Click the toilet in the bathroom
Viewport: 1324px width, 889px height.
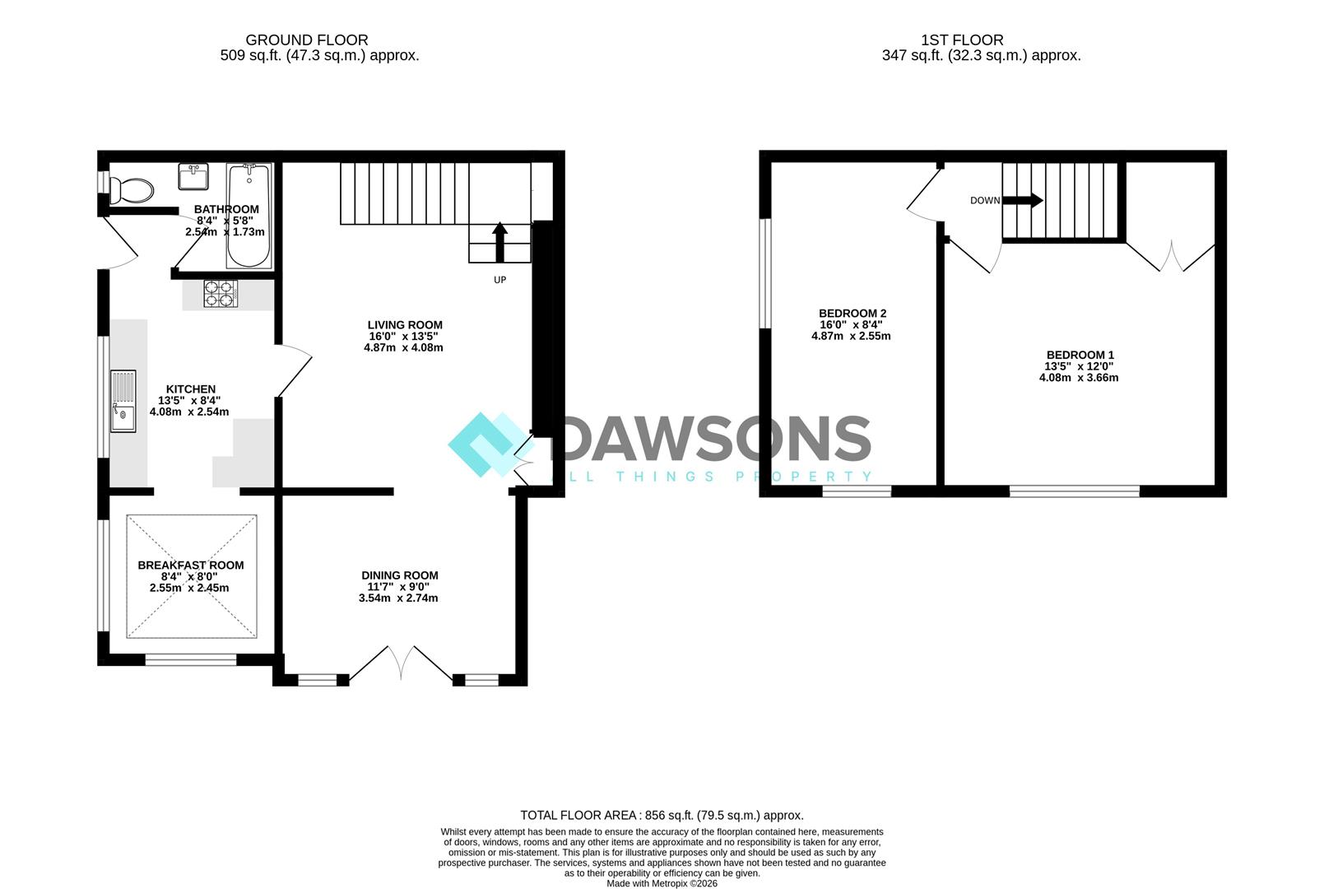(x=131, y=190)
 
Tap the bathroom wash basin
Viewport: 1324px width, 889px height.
(x=193, y=176)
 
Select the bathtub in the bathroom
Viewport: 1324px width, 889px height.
(x=249, y=216)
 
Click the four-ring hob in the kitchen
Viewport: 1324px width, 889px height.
(x=221, y=294)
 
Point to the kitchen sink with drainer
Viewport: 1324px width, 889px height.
(x=123, y=402)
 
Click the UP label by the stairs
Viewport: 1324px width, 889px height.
(x=500, y=280)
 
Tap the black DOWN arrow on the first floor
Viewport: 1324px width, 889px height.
(x=1023, y=200)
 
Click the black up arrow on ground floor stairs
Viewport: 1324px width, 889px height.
(x=500, y=242)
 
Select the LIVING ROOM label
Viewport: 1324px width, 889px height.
(x=405, y=325)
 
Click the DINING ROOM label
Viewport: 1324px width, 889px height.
(x=400, y=575)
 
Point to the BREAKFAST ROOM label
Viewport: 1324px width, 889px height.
(x=190, y=566)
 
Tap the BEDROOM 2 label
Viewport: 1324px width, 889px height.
(x=852, y=314)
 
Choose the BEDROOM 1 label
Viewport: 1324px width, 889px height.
(x=1080, y=356)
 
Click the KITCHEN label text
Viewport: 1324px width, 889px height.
(x=190, y=389)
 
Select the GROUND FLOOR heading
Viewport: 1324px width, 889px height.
(x=307, y=40)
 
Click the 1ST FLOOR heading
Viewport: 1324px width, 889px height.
(x=962, y=40)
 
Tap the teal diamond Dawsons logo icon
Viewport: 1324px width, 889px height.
(x=490, y=444)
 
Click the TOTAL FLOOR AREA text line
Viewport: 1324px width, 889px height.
(x=662, y=816)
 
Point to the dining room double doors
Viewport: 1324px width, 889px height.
(x=402, y=665)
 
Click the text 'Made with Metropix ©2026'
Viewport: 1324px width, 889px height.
(x=662, y=884)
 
